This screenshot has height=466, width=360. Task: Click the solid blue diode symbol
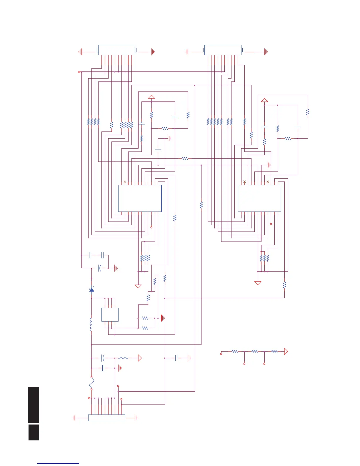tap(92, 290)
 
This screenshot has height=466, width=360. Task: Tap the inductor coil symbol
tap(91, 324)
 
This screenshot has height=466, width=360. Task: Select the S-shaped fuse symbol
tap(91, 383)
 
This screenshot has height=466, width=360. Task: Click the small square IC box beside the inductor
tap(110, 314)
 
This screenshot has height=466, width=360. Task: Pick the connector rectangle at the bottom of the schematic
tap(106, 418)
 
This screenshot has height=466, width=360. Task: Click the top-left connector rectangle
tap(116, 50)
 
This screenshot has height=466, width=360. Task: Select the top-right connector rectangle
tap(223, 50)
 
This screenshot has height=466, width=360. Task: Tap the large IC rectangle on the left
tap(140, 198)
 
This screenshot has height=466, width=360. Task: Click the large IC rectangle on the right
tap(259, 198)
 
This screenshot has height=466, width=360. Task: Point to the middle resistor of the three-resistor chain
tap(255, 351)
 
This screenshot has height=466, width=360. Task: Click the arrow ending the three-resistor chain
tap(286, 351)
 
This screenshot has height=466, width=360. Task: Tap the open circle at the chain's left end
tap(221, 354)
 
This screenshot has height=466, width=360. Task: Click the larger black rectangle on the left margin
tap(34, 405)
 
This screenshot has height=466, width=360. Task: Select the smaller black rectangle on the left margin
tap(34, 432)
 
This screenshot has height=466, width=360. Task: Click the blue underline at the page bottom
tap(58, 464)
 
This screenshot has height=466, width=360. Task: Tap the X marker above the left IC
tap(125, 182)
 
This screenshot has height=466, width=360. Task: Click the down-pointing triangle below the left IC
tap(138, 286)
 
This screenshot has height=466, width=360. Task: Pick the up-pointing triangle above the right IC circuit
tap(264, 100)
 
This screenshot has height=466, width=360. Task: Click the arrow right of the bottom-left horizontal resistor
tap(140, 358)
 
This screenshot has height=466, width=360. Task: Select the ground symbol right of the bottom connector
tap(136, 418)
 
